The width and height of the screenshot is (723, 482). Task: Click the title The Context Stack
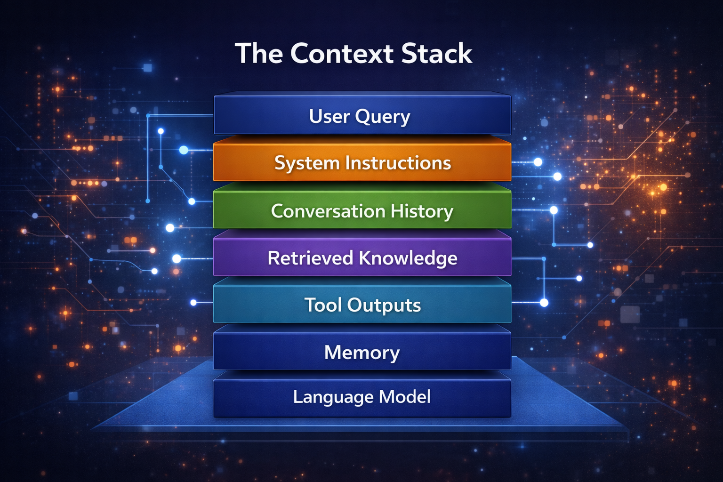[353, 53]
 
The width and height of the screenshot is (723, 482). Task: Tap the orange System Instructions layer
[362, 163]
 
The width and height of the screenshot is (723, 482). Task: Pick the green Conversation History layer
[362, 210]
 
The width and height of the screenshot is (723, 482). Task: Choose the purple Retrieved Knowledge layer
[362, 258]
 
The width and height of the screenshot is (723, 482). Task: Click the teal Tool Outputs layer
[362, 305]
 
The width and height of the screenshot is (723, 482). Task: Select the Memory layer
[362, 352]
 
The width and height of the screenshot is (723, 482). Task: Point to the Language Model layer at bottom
[362, 397]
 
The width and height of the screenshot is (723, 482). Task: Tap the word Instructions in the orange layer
[398, 163]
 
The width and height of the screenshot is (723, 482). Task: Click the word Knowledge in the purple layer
[408, 258]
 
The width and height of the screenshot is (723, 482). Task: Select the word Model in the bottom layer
[405, 397]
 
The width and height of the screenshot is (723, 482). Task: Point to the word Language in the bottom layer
[333, 397]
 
